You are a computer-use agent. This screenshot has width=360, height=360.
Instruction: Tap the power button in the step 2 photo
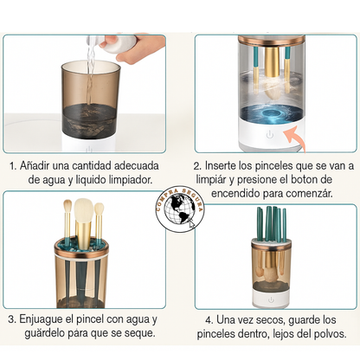(x=270, y=135)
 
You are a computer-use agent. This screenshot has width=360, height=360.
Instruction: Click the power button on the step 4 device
(x=271, y=300)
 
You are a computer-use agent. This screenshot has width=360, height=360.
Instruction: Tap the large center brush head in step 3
(x=84, y=209)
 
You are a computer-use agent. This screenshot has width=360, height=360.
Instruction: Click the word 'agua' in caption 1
(x=54, y=180)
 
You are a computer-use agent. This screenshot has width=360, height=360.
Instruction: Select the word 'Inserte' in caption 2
(x=221, y=166)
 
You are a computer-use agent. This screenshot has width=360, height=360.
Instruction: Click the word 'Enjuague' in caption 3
(x=42, y=319)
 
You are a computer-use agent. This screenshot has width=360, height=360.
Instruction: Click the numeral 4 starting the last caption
(x=209, y=320)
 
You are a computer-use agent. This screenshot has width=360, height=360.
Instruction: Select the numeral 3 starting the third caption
(x=11, y=319)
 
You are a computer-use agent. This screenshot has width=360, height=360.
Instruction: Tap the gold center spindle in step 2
(x=272, y=61)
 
